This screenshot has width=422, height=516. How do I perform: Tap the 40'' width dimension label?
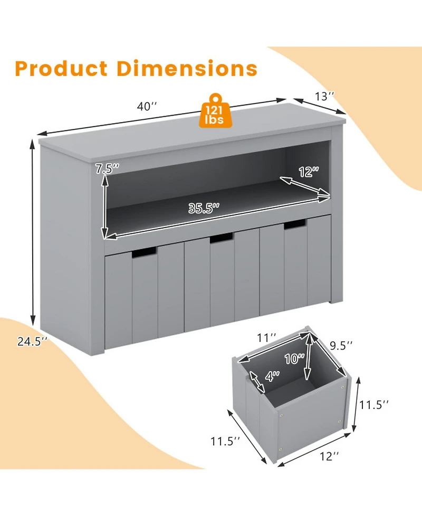(x=147, y=106)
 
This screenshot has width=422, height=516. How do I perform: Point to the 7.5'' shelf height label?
(x=107, y=169)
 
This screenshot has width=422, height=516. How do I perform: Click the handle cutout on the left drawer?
(x=143, y=254)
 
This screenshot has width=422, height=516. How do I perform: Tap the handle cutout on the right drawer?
(x=295, y=226)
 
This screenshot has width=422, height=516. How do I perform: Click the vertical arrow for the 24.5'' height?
(x=33, y=238)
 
